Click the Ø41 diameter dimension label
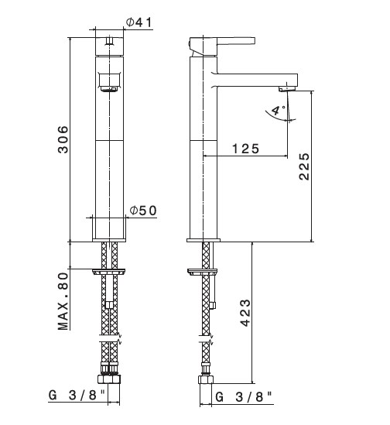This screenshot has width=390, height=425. tap(139, 22)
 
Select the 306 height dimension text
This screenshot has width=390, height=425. tap(63, 139)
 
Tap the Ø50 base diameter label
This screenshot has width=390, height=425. tap(143, 211)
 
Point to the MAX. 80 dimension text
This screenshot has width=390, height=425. tap(63, 301)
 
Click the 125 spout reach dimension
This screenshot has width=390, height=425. tap(245, 149)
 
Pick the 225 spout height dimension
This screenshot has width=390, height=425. tap(304, 166)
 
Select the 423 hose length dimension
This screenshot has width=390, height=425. tap(245, 313)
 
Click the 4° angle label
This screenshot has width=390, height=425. tap(278, 110)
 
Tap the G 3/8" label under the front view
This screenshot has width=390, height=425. tap(77, 395)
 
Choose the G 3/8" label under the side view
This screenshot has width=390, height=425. tap(244, 397)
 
